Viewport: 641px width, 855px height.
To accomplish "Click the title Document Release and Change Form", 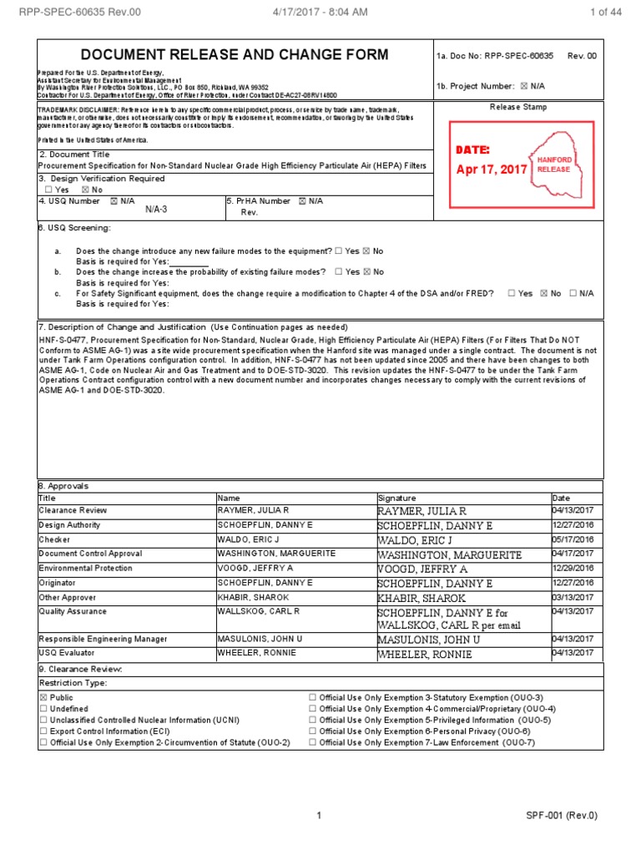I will [x=234, y=55].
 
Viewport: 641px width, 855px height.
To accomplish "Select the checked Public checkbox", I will [x=44, y=697].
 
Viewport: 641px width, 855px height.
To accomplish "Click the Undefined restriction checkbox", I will [x=44, y=709].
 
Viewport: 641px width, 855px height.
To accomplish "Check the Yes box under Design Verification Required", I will [x=48, y=190].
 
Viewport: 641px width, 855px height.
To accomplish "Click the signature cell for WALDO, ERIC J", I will [x=463, y=540].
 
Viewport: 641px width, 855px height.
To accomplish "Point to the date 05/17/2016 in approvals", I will [x=573, y=539].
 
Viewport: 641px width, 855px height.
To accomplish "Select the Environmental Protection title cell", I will [x=85, y=568].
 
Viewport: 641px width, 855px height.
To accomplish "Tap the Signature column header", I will [x=396, y=498].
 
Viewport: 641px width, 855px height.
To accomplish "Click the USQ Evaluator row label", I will [x=67, y=654].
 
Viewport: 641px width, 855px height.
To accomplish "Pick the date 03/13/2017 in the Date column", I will [x=573, y=597].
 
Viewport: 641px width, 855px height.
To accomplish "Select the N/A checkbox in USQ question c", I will [x=573, y=294].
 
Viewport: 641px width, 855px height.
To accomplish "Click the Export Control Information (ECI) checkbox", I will [x=44, y=731].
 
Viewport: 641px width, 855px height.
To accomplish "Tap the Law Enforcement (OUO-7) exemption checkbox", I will [x=312, y=742].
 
